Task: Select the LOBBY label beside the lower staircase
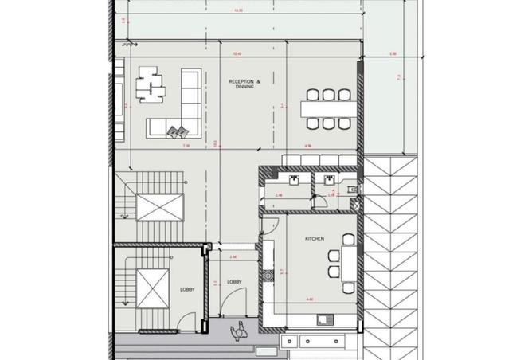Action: point(187,290)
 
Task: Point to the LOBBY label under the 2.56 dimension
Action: point(234,282)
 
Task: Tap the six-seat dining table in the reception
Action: point(328,109)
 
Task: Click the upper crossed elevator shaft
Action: point(159,209)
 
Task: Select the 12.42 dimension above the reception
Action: point(236,54)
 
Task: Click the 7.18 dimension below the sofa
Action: point(186,146)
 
